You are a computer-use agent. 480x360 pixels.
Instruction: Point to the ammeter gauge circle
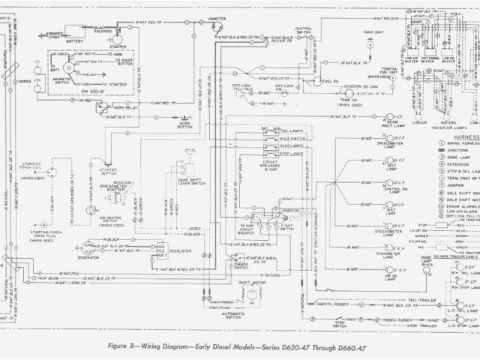click(217, 28)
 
